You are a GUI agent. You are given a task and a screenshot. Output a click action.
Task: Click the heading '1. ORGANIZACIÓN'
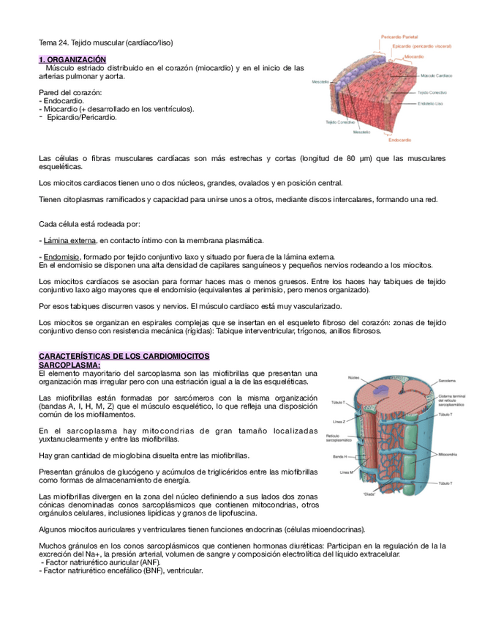(72, 59)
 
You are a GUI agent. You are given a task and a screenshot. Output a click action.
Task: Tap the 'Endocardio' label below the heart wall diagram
(399, 140)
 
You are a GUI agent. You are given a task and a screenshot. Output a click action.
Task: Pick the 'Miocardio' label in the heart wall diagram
(414, 56)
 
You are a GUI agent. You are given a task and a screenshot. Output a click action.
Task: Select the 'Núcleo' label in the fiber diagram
(354, 377)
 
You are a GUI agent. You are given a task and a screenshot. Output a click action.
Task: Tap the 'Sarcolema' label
(447, 381)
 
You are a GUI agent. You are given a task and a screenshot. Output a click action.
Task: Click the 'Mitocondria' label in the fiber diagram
(448, 455)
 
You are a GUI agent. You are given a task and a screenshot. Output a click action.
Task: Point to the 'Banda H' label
(339, 456)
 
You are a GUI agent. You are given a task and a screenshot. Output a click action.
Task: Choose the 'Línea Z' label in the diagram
(339, 422)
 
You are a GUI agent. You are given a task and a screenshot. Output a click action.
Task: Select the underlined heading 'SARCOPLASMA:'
(69, 365)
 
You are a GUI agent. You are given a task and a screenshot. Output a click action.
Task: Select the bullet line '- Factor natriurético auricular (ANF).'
(100, 562)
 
